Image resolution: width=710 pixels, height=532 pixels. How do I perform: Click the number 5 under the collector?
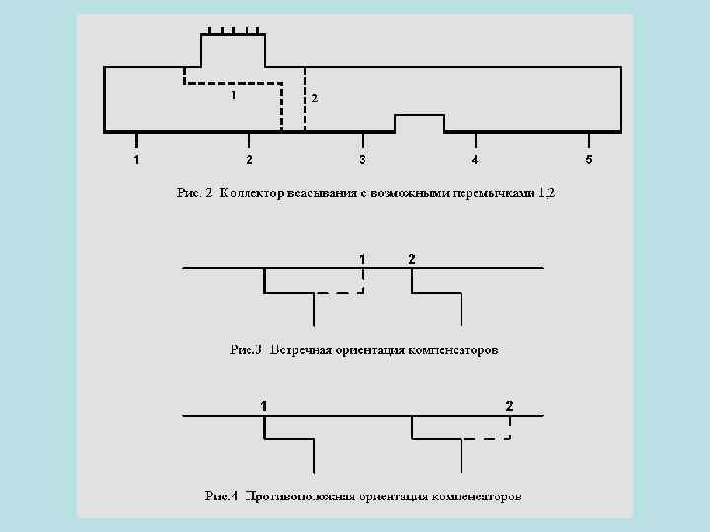coord(588,159)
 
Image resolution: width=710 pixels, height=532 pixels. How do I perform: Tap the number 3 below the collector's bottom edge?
coord(363,159)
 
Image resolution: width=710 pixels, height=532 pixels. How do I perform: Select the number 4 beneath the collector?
coord(475,159)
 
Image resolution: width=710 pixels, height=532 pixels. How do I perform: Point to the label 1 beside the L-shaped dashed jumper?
coord(233,96)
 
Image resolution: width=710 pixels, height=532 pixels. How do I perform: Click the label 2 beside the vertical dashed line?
coord(314,99)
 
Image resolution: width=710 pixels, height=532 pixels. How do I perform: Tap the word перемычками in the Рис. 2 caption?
coord(493,193)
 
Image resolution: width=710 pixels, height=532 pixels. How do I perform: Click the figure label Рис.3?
coord(246,349)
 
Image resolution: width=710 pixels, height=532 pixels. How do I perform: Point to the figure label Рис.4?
coord(221,496)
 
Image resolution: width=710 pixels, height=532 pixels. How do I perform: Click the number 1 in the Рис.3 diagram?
coord(363,258)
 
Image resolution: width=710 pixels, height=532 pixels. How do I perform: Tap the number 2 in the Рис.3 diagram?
coord(412,258)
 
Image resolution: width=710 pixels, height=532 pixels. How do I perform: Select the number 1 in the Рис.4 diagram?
coord(263,405)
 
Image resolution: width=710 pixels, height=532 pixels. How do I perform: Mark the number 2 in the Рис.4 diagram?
coord(509,405)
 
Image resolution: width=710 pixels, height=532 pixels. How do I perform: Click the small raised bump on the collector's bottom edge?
coord(420,122)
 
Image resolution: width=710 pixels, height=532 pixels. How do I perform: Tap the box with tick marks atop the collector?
coord(234,49)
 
